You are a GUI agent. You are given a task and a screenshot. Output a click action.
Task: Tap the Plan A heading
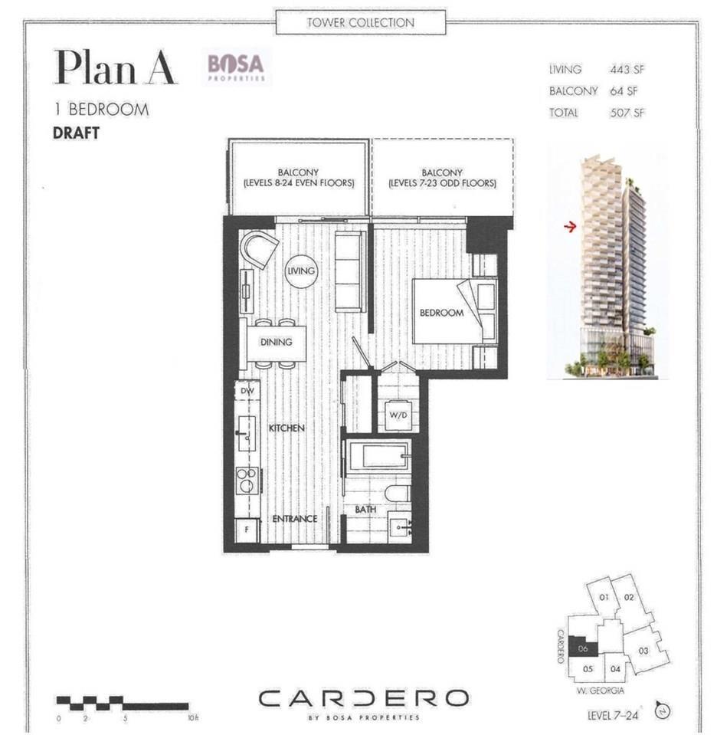(116, 68)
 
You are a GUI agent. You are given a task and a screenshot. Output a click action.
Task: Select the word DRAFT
(76, 131)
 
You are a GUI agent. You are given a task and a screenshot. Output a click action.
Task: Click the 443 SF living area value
(627, 69)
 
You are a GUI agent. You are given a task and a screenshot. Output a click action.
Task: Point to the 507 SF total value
(627, 113)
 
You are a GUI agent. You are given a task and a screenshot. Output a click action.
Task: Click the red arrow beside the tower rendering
(569, 227)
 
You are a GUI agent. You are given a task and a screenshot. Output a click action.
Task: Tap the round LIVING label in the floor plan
(301, 271)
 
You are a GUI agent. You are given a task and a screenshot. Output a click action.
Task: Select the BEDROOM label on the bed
(441, 313)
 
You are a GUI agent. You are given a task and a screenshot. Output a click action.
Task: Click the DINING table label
(276, 342)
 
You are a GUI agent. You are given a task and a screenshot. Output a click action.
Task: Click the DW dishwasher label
(247, 391)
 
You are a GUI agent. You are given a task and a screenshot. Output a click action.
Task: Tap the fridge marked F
(247, 529)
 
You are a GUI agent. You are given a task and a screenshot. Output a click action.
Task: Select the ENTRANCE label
(295, 519)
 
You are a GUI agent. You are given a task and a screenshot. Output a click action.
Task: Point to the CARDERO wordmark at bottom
(363, 698)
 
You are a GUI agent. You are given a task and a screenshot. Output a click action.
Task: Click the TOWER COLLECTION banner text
(360, 22)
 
